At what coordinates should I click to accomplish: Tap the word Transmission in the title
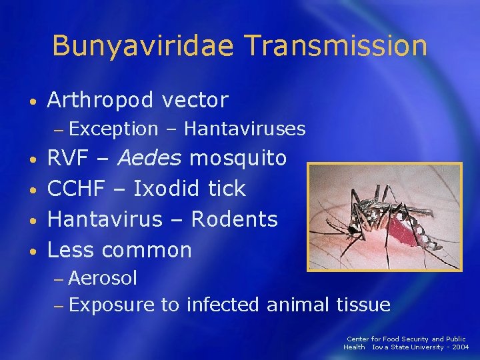pos(335,46)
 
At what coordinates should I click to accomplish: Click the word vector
pos(195,101)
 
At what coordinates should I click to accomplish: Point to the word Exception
pos(113,129)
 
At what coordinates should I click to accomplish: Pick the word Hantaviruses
pos(245,129)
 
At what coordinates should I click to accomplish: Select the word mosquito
pos(239,159)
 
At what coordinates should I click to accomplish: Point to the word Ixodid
pos(167,189)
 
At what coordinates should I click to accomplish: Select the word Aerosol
pos(103,277)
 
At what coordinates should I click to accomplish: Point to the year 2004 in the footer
pos(458,347)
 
